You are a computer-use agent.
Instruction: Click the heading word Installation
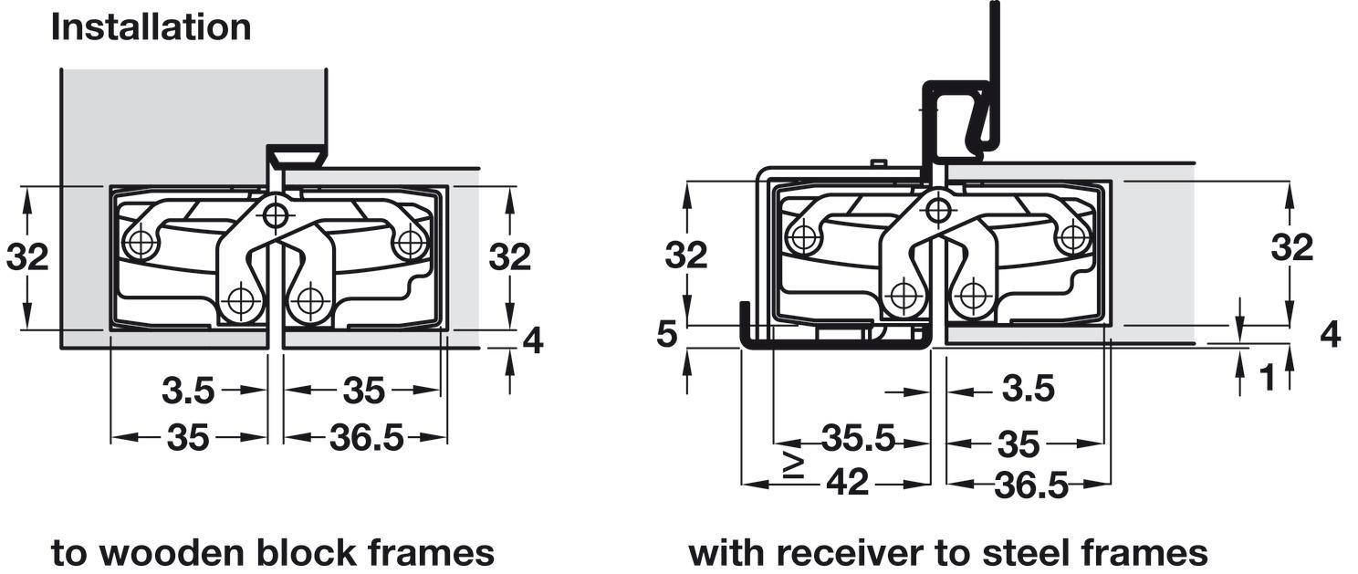pos(151,27)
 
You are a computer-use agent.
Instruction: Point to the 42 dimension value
pos(848,483)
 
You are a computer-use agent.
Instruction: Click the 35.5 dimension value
pos(858,438)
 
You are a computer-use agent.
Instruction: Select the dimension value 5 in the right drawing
pos(667,334)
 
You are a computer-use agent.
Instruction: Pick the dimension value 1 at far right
pos(1268,377)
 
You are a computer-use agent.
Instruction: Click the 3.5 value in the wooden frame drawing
pos(188,391)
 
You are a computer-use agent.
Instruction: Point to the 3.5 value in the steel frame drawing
pos(1029,388)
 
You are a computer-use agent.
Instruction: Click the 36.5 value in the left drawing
pos(366,438)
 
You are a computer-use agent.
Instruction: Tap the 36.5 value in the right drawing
pos(1031,485)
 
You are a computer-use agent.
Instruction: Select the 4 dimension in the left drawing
pos(533,341)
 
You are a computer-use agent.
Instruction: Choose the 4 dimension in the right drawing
pos(1331,334)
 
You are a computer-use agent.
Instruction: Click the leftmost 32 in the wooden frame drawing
pos(27,257)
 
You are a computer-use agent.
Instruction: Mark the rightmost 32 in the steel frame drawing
pos(1292,247)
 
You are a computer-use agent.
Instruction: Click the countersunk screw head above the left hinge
pos(297,159)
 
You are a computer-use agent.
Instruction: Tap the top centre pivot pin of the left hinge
pos(277,214)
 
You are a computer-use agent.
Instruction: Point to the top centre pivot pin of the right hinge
pos(938,210)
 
